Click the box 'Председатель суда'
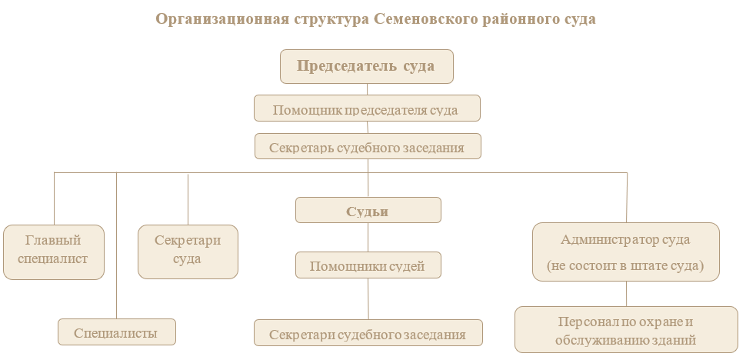366,66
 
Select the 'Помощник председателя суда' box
367,108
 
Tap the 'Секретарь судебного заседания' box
368,147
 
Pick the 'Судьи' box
368,211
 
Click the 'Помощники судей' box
368,265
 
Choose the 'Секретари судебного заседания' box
368,333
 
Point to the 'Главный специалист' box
53,252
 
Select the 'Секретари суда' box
188,251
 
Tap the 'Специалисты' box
116,332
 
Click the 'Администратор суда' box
626,240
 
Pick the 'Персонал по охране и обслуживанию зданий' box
626,329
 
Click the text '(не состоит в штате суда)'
626,265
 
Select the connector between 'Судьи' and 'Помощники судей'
368,237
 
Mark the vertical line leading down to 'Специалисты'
116,246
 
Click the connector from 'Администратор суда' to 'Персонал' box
626,293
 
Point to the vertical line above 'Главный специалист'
54,198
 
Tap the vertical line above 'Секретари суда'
188,198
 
